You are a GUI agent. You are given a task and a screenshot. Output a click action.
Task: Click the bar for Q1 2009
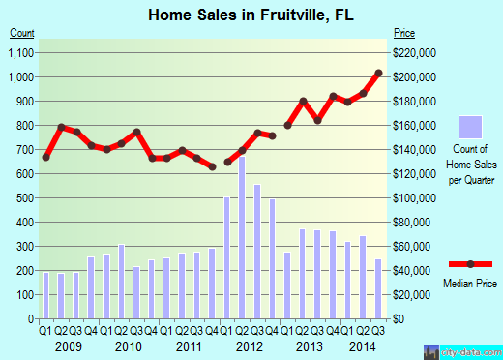click(x=45, y=295)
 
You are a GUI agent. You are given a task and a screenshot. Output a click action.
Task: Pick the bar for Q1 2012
click(x=227, y=257)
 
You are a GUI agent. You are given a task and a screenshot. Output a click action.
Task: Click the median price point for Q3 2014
click(x=378, y=74)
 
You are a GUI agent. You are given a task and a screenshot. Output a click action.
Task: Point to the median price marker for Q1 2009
click(x=45, y=157)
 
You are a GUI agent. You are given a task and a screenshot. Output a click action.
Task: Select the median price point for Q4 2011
click(x=212, y=166)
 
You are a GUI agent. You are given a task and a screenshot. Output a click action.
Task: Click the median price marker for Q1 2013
click(x=288, y=125)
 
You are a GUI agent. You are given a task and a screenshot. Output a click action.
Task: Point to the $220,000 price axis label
click(x=415, y=52)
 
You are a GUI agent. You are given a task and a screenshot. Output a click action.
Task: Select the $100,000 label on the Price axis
click(x=415, y=197)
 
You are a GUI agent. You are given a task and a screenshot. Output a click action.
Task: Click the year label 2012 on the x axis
click(x=250, y=346)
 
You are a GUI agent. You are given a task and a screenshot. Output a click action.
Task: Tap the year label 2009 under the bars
click(x=68, y=346)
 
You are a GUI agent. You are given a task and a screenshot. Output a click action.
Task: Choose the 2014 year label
click(x=364, y=346)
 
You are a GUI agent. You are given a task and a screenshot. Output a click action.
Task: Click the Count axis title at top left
click(x=22, y=34)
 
